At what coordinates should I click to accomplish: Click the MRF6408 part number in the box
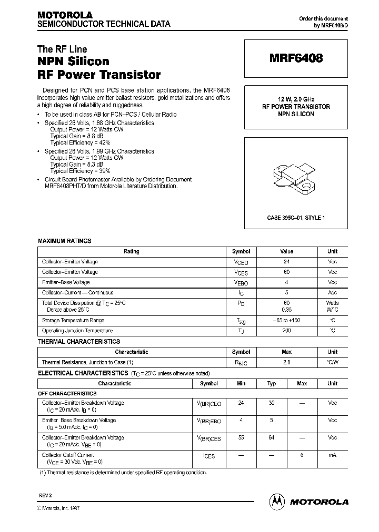point(296,59)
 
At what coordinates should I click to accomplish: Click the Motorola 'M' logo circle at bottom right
point(276,502)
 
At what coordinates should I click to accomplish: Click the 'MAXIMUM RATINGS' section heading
point(64,241)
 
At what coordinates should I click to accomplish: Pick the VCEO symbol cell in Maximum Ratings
point(241,262)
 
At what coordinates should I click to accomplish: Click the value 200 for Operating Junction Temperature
point(286,331)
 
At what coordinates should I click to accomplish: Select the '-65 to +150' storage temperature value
point(286,321)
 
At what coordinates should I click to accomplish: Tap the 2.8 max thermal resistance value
point(286,363)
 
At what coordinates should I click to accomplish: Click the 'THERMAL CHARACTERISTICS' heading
point(79,342)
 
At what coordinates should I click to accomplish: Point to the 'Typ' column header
point(272,384)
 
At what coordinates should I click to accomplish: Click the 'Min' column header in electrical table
point(241,384)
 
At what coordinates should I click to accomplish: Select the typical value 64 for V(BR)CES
point(272,438)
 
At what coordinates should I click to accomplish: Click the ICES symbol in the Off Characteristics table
point(209,456)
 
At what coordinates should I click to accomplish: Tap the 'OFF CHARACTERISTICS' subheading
point(67,393)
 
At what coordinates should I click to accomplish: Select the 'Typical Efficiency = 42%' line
point(80,142)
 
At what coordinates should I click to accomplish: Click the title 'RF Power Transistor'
point(99,75)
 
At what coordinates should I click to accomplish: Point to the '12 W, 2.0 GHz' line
point(296,99)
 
